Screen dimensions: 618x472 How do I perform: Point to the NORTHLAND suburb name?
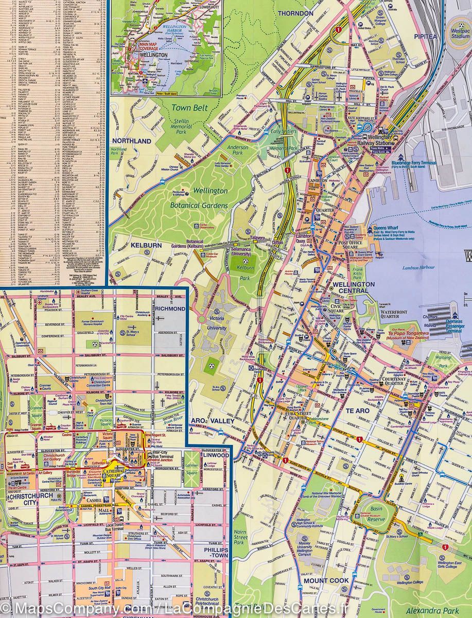tap(132, 141)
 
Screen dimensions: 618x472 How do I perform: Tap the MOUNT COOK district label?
tap(326, 580)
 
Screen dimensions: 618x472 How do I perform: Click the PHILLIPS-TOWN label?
tap(212, 553)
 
